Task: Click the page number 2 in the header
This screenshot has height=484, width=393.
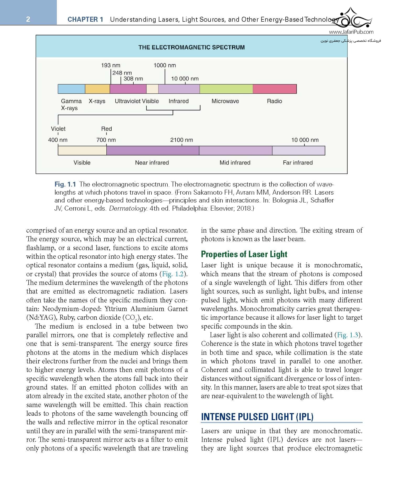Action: point(28,19)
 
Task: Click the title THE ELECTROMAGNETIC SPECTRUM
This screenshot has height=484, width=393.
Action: point(192,47)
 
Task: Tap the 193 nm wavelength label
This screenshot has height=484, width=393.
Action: point(111,65)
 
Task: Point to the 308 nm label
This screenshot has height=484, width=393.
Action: point(133,78)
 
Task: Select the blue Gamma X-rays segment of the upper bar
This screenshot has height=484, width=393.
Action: point(71,89)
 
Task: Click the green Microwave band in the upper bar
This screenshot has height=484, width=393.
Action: point(226,89)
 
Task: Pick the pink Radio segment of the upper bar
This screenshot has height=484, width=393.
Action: point(275,89)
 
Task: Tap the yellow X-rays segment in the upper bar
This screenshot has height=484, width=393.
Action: point(97,89)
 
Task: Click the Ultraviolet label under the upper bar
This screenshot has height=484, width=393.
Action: point(128,101)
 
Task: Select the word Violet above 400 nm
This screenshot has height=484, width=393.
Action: point(58,129)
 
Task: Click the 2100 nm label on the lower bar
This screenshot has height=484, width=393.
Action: point(182,140)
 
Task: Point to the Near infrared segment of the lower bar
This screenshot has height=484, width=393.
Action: point(153,151)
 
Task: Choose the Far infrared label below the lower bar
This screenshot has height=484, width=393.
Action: point(298,163)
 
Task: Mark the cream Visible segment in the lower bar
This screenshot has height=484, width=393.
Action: point(82,151)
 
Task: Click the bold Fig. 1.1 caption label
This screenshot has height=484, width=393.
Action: point(65,184)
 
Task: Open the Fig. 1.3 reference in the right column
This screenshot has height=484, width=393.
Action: point(347,335)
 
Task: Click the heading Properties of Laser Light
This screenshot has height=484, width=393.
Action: point(244,254)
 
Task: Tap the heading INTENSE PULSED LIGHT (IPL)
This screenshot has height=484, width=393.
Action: point(257,417)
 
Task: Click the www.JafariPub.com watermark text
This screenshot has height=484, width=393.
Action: point(351,32)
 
